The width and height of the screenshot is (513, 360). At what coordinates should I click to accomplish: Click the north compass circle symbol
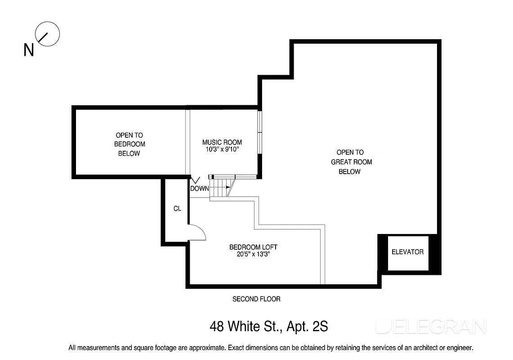[48, 34]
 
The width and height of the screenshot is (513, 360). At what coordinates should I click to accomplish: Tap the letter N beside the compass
[29, 50]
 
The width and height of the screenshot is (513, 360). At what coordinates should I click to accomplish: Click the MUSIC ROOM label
[222, 143]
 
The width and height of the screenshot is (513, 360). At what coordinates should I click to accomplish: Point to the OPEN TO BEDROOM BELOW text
[129, 144]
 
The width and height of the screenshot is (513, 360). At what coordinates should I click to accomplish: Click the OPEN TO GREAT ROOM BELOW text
[351, 162]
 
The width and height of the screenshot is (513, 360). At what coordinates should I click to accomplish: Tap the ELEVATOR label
[407, 252]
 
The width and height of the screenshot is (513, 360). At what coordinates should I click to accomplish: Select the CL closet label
[177, 209]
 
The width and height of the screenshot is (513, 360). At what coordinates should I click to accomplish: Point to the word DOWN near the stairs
[199, 189]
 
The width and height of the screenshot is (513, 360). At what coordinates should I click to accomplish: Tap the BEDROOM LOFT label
[253, 247]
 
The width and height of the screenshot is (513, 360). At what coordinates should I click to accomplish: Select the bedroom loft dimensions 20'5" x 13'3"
[253, 254]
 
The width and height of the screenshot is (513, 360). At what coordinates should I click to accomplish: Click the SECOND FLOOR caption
[256, 299]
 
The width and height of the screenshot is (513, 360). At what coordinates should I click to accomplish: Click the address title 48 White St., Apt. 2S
[269, 326]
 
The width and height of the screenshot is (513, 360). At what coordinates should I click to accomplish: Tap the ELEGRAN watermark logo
[431, 326]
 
